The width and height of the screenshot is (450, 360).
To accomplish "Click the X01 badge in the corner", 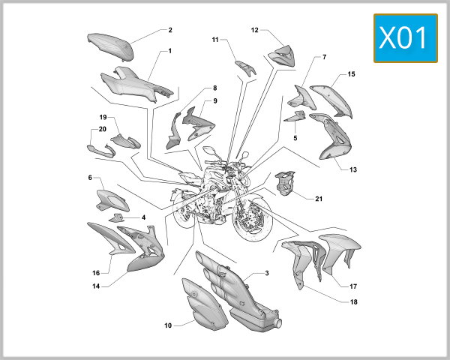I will point(406,38).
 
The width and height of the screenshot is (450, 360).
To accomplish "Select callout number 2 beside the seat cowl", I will point(170,30).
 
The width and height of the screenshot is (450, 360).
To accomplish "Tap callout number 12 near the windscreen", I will point(255,31).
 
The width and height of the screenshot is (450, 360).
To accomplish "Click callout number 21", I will point(319,199).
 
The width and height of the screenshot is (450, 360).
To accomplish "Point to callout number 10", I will point(169,325).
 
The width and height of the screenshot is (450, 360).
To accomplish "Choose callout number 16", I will point(96,273).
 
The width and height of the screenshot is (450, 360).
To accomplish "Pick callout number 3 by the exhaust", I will point(265,274).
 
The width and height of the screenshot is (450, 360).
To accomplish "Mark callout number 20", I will point(103,129).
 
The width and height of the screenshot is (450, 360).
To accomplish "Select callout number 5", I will point(295,138).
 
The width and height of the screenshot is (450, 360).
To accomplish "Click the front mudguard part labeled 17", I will point(336,255).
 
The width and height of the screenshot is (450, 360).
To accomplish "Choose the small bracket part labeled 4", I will point(116,217).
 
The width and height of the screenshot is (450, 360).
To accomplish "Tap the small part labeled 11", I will point(245,68).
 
